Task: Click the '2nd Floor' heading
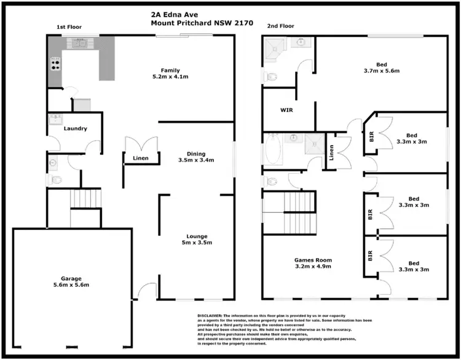coord(280,26)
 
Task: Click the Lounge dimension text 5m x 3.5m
coord(196,243)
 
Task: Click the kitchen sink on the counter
coord(80,42)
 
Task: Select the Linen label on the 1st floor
coord(141,158)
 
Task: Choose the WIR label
coord(286,111)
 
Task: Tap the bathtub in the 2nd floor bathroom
coord(272,150)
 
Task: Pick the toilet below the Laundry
coord(57,180)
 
